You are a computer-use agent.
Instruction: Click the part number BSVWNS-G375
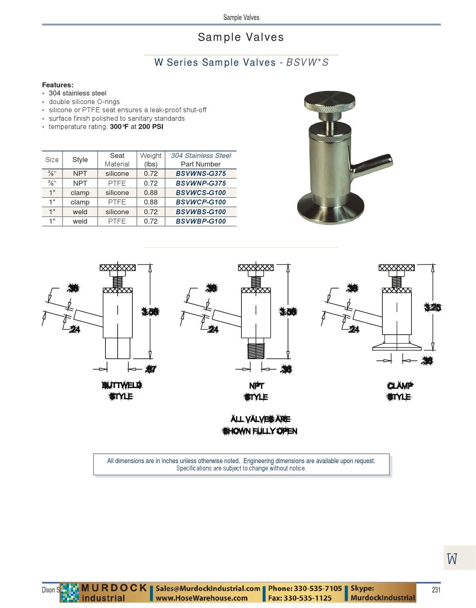pos(201,173)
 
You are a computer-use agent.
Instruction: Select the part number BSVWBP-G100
pos(201,221)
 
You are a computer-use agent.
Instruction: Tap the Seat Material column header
pos(117,160)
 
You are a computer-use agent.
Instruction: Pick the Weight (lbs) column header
pos(150,160)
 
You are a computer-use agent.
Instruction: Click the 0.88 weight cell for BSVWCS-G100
pos(150,193)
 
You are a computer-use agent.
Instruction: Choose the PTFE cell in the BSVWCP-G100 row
pos(117,202)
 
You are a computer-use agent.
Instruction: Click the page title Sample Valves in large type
pos(241,37)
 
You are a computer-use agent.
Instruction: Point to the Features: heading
pos(58,85)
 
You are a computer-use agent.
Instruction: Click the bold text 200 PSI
pos(151,126)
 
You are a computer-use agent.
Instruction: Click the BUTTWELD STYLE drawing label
pos(121,391)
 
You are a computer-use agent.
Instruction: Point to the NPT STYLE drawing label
pos(256,391)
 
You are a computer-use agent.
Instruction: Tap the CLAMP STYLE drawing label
pos(399,391)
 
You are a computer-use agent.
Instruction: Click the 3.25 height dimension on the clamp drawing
pos(432,307)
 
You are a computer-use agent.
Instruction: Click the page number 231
pos(436,590)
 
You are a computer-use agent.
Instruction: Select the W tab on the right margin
pos(452,558)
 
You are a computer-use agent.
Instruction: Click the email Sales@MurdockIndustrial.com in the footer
pos(208,588)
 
